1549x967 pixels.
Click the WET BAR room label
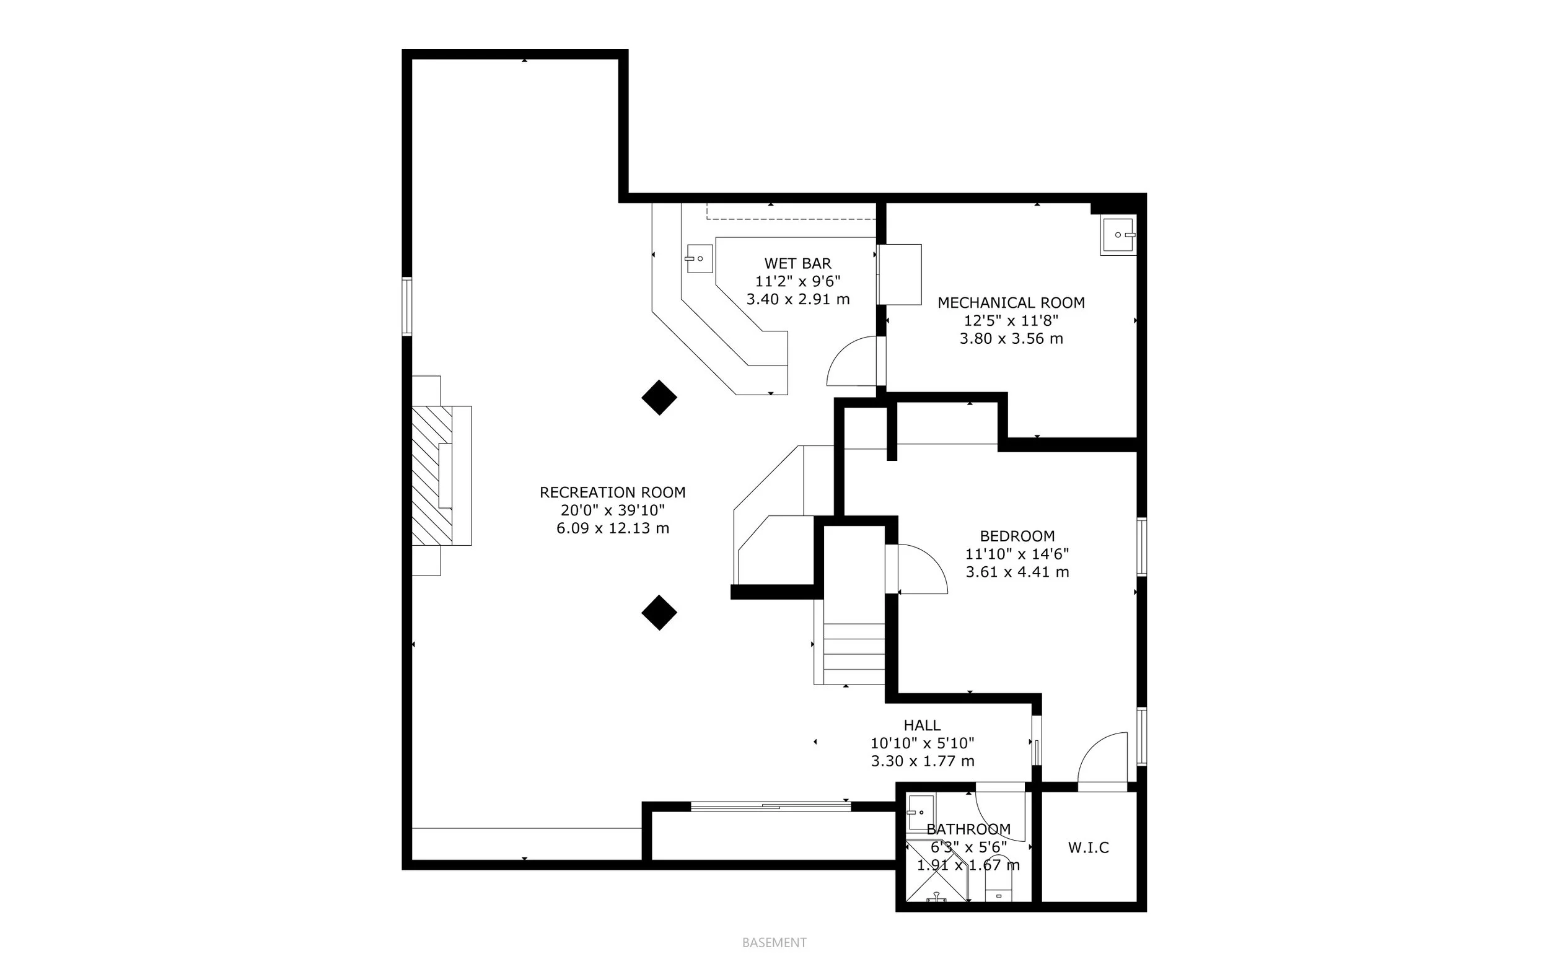point(797,263)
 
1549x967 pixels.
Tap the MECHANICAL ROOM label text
point(1011,303)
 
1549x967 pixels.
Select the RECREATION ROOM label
point(612,492)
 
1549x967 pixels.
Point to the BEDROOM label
point(1017,536)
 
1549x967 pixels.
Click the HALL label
point(921,725)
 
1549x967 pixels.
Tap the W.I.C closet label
point(1089,848)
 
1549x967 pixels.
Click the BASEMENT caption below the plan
point(774,943)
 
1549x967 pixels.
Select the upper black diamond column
point(659,398)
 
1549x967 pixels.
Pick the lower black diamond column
point(659,613)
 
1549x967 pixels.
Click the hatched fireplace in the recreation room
point(432,476)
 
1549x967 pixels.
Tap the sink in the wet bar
point(699,258)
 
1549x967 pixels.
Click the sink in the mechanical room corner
point(1118,235)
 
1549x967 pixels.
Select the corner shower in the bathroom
point(935,876)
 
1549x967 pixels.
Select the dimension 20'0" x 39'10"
point(612,510)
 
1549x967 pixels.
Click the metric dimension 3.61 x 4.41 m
point(1017,572)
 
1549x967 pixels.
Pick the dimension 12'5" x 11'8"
point(1011,320)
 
